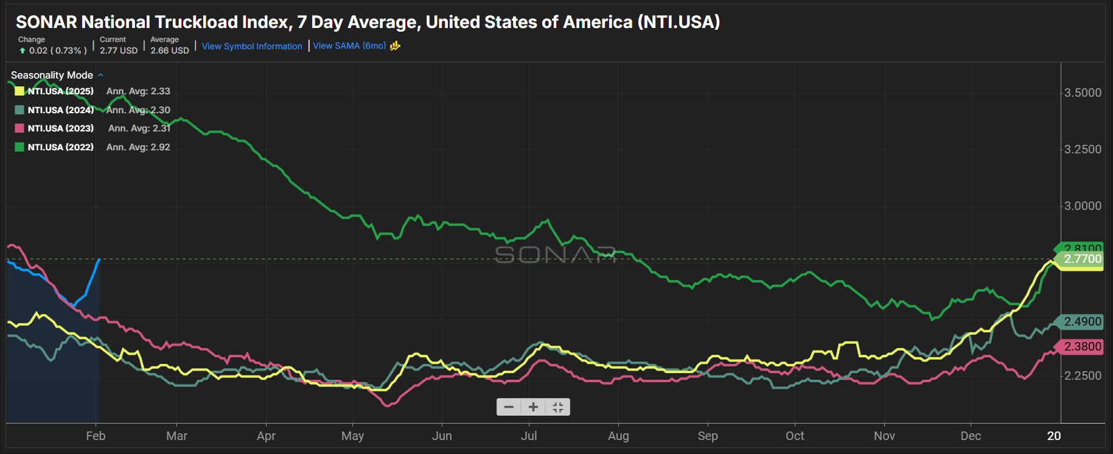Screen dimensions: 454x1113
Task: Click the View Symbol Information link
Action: tap(252, 46)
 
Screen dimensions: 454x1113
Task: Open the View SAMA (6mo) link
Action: tap(349, 46)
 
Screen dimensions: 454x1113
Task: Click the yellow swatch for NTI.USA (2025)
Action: tap(19, 91)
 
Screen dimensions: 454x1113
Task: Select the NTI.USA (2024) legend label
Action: tap(60, 110)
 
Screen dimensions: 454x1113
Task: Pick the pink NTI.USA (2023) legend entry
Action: tap(60, 128)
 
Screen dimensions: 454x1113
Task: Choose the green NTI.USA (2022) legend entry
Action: tap(60, 147)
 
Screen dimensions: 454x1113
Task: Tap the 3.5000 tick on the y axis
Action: tap(1083, 93)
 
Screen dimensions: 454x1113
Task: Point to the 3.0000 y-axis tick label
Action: tap(1083, 206)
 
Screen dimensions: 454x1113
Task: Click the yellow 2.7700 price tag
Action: tap(1082, 259)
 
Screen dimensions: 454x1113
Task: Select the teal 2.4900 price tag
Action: tap(1082, 321)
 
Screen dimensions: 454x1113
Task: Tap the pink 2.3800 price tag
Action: tap(1082, 346)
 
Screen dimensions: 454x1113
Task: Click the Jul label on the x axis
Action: tap(529, 436)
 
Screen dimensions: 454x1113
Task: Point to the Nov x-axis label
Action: tap(884, 436)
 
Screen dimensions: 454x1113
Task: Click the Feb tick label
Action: tap(96, 436)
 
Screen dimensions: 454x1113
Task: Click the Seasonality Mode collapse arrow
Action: tap(100, 75)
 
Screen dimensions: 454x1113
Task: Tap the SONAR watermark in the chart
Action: tap(555, 254)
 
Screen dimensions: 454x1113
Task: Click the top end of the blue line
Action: tap(99, 259)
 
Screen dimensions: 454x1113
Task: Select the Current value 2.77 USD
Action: tap(119, 51)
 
